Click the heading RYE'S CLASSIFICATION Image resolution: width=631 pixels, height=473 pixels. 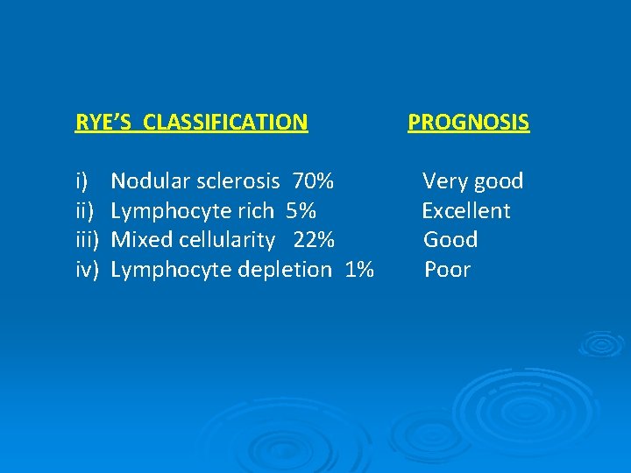coord(192,122)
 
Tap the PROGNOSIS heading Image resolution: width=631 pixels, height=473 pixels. coord(468,122)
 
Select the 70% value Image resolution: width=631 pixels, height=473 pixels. coord(313,181)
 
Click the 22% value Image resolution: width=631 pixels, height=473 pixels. coord(313,240)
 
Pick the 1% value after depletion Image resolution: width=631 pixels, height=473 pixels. coord(359,270)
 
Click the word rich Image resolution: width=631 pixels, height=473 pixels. coord(256,211)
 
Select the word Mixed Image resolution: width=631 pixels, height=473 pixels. coord(141,240)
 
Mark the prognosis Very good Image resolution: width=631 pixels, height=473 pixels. coord(472,181)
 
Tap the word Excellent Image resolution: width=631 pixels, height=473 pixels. coord(465,211)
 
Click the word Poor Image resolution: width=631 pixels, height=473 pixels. coord(447,270)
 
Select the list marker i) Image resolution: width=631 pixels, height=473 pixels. coord(82,181)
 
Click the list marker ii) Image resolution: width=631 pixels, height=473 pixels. coord(84,211)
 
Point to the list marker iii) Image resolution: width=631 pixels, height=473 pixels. coord(87,240)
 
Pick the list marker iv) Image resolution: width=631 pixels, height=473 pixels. coord(86,270)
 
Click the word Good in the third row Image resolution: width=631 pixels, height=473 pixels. coord(450,240)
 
